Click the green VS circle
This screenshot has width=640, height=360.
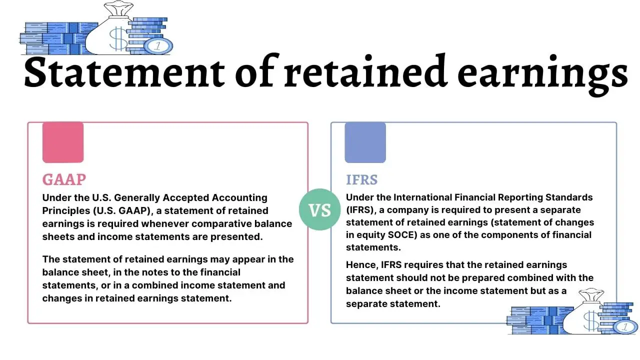coord(319,209)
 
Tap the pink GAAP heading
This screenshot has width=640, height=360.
coord(64,179)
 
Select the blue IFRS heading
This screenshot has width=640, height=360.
coord(361,180)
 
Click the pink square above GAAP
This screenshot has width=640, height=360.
coord(63,142)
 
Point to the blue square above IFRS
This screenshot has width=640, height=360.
coord(365,142)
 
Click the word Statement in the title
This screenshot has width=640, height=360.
coord(124,72)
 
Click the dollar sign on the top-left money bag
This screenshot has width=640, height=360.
coord(118,39)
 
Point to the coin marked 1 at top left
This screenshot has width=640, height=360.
coord(158,46)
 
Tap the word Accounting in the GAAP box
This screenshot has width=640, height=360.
coord(240,198)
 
